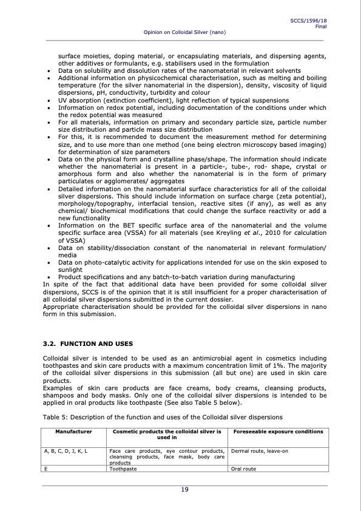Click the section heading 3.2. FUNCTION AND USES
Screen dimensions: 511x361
coord(83,343)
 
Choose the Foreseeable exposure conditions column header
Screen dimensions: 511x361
coord(277,431)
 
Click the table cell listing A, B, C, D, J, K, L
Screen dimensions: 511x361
coord(66,452)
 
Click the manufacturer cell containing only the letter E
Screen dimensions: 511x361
coord(46,469)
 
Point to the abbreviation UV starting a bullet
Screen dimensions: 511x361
coord(62,100)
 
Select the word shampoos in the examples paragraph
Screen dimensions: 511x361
coord(58,393)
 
